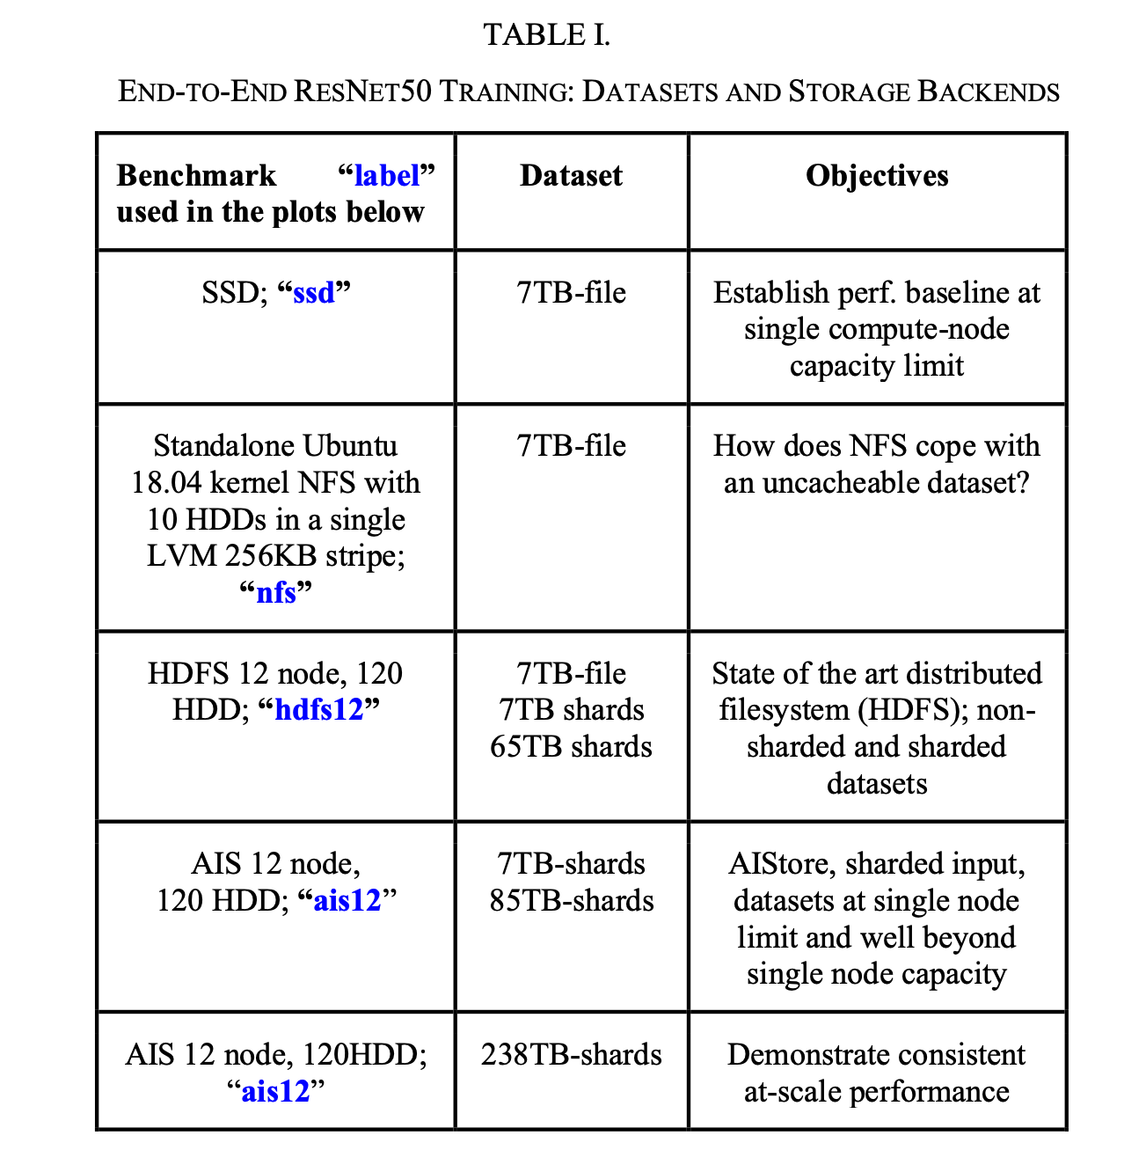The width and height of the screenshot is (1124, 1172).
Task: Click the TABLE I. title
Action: click(x=546, y=35)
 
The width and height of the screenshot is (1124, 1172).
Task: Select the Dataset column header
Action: click(x=571, y=176)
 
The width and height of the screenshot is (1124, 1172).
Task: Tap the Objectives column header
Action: click(x=877, y=176)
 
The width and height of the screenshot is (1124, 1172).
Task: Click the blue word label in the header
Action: click(x=387, y=176)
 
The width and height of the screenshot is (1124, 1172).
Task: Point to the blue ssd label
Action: click(x=314, y=292)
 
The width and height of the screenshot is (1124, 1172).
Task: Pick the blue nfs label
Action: click(x=276, y=592)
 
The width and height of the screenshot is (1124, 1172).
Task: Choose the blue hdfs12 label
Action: click(x=319, y=710)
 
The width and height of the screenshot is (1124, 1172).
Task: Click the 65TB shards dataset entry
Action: click(x=571, y=747)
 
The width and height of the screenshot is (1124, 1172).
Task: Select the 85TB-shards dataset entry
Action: click(x=571, y=901)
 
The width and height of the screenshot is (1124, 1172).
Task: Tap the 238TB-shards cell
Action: click(x=571, y=1055)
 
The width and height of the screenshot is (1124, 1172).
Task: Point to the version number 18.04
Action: click(x=167, y=483)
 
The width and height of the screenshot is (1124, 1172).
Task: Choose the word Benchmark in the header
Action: click(x=196, y=176)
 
